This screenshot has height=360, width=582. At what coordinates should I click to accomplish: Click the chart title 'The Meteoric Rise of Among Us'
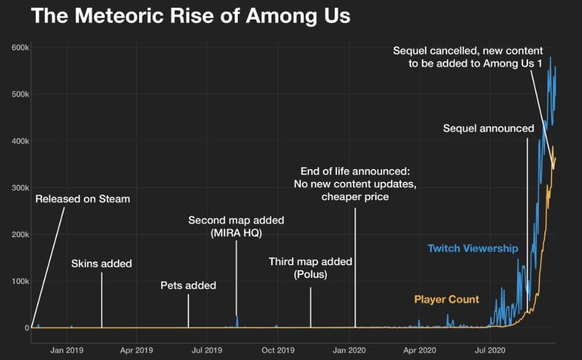coord(190,15)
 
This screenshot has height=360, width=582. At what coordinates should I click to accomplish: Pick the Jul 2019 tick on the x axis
coord(207,350)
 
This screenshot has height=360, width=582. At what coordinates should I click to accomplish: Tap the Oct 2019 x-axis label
coord(277,350)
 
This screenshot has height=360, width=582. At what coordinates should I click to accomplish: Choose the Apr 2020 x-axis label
coord(419,350)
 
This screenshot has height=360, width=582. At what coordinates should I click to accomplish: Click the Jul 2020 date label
coord(489,350)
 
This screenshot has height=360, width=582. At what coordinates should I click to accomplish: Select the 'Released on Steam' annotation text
coord(83,198)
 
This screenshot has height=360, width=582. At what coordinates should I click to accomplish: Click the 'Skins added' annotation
coord(102,263)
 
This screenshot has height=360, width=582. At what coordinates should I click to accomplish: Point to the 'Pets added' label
coord(188,285)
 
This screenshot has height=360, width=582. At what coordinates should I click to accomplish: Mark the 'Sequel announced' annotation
coord(488,128)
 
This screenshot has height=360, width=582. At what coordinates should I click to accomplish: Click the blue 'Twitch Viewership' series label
coord(473,248)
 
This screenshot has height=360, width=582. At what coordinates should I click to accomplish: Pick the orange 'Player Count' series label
coord(446,299)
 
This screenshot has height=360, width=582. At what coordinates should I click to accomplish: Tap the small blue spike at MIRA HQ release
coord(237,320)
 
